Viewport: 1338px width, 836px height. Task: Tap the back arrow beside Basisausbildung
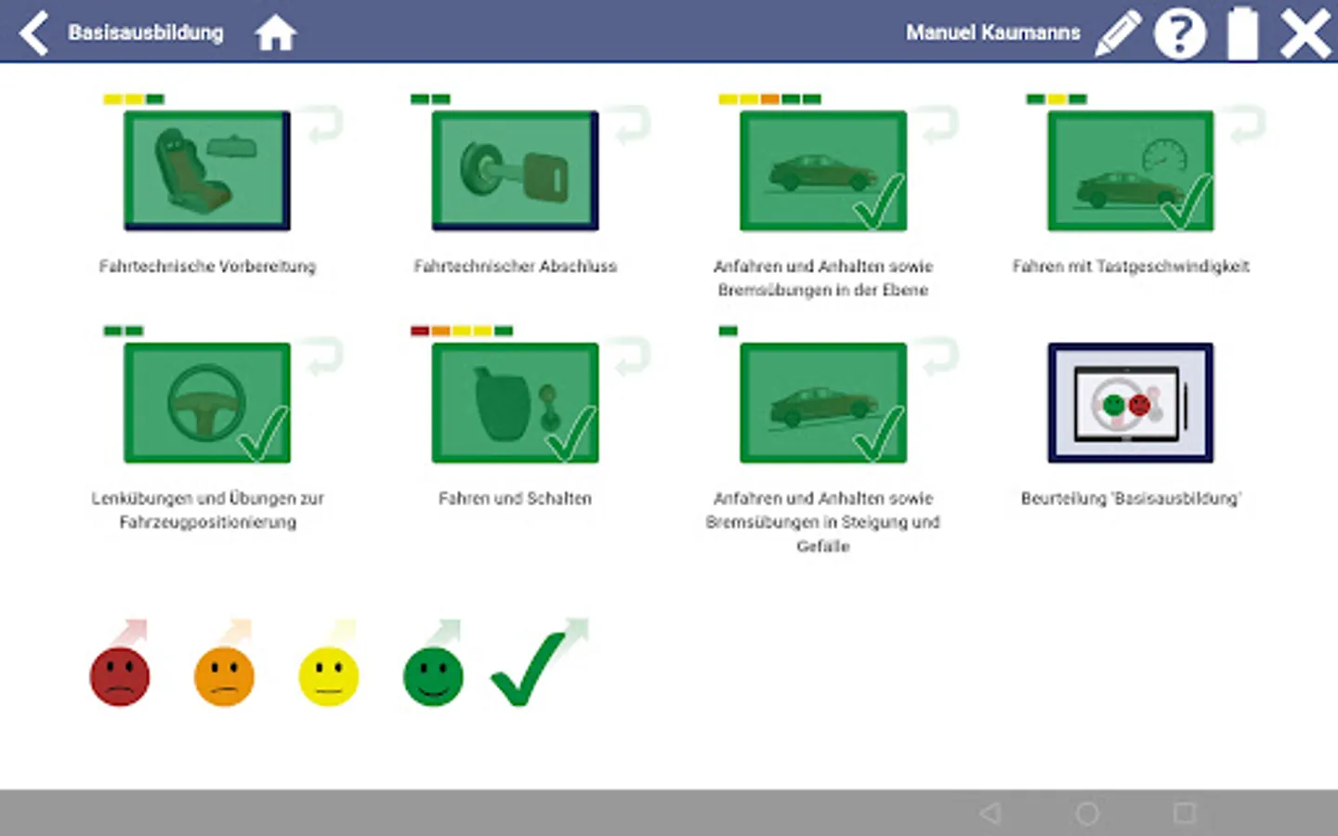tap(33, 33)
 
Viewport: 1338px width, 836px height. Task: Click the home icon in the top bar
tap(275, 33)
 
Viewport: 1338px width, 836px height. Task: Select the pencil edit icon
tap(1118, 33)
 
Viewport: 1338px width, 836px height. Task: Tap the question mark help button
tap(1180, 33)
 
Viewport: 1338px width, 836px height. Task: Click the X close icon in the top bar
tap(1305, 33)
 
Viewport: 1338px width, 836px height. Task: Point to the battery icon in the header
tap(1243, 33)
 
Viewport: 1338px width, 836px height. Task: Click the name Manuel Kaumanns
tap(992, 33)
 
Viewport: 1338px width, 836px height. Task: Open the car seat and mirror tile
tap(207, 171)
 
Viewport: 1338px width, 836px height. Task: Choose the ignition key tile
tap(515, 171)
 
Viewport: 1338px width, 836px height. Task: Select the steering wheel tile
tap(207, 403)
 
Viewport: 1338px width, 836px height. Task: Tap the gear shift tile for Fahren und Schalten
tap(515, 403)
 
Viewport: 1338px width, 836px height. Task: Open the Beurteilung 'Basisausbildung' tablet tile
tap(1130, 403)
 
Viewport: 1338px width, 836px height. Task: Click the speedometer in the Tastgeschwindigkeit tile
tap(1164, 155)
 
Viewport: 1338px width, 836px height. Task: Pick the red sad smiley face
tap(120, 676)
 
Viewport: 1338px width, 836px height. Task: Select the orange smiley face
tap(224, 676)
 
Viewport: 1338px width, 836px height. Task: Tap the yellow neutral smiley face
tap(329, 676)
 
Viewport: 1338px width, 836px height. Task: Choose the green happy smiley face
tap(433, 676)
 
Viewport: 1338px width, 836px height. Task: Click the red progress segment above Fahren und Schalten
tap(420, 331)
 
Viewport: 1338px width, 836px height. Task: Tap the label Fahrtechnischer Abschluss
tap(515, 267)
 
